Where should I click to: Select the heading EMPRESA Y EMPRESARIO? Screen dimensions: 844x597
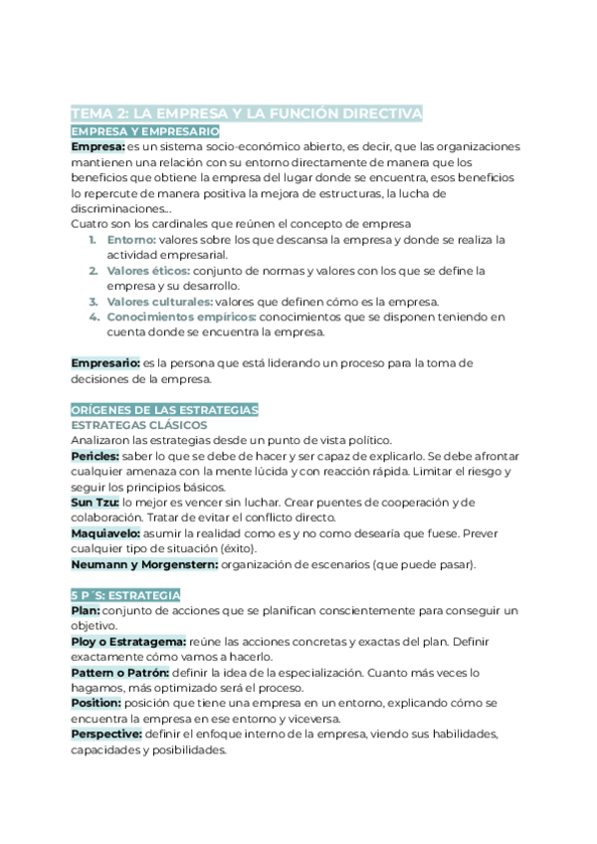click(145, 130)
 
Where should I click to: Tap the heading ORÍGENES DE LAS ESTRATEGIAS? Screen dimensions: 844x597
click(165, 409)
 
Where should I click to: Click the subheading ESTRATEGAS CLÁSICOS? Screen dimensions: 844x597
click(138, 425)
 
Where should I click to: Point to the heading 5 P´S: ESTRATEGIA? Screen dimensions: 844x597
click(125, 594)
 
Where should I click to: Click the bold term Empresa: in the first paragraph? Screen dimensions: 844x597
click(98, 146)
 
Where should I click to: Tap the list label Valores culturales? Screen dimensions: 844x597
click(160, 302)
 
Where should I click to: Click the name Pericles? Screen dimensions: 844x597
click(96, 456)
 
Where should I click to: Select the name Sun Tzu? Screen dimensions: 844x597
click(96, 503)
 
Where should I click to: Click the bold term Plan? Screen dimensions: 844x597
click(86, 610)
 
